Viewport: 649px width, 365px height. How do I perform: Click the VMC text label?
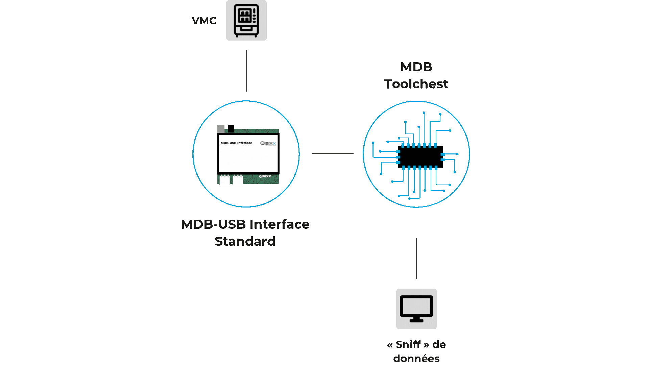click(x=204, y=21)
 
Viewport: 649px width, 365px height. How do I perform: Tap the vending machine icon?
click(x=246, y=20)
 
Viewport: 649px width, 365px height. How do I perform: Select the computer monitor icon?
click(x=416, y=309)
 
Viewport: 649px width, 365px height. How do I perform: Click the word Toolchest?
click(x=416, y=84)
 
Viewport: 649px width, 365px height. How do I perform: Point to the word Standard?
click(x=245, y=241)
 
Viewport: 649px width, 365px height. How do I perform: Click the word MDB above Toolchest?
click(x=416, y=67)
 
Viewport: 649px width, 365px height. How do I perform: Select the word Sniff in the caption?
click(x=408, y=344)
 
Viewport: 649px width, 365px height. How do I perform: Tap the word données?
click(x=416, y=358)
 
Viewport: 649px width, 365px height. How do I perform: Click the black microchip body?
click(x=420, y=156)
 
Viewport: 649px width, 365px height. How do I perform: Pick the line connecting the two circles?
click(x=333, y=153)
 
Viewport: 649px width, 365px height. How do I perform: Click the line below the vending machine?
click(x=246, y=71)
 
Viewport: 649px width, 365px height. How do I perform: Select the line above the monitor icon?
click(x=416, y=259)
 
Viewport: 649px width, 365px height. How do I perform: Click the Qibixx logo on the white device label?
click(x=268, y=143)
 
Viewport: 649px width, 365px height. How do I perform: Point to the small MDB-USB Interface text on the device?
click(x=236, y=143)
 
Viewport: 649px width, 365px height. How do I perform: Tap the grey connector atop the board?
click(x=221, y=129)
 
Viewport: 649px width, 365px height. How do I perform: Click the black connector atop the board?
click(x=231, y=129)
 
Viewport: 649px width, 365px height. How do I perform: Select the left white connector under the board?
click(x=224, y=180)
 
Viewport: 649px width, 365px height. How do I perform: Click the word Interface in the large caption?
click(x=280, y=224)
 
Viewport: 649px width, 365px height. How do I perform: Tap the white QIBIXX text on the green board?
click(x=265, y=176)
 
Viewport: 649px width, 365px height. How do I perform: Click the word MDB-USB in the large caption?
click(x=213, y=224)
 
